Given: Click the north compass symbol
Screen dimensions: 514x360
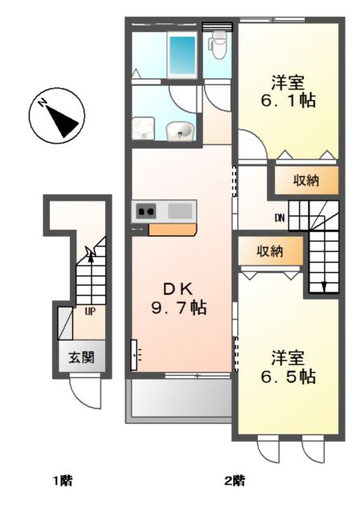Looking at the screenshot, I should tap(57, 117).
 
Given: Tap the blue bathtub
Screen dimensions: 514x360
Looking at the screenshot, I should tap(182, 54).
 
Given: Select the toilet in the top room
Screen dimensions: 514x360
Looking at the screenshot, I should tap(218, 46).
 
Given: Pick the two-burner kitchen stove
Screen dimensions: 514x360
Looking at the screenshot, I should tap(147, 212).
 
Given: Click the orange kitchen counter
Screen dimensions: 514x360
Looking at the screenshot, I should tap(173, 230).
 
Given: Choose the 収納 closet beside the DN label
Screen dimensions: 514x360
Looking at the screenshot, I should tap(305, 181).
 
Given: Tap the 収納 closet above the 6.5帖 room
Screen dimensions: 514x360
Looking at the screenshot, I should tap(269, 251).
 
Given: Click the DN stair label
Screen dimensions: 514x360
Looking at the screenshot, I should tap(279, 217).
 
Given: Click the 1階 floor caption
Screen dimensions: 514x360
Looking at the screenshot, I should tap(63, 481).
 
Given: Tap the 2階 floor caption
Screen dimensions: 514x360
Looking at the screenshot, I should tap(234, 481).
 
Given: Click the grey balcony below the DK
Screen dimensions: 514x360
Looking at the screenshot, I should tap(178, 398).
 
